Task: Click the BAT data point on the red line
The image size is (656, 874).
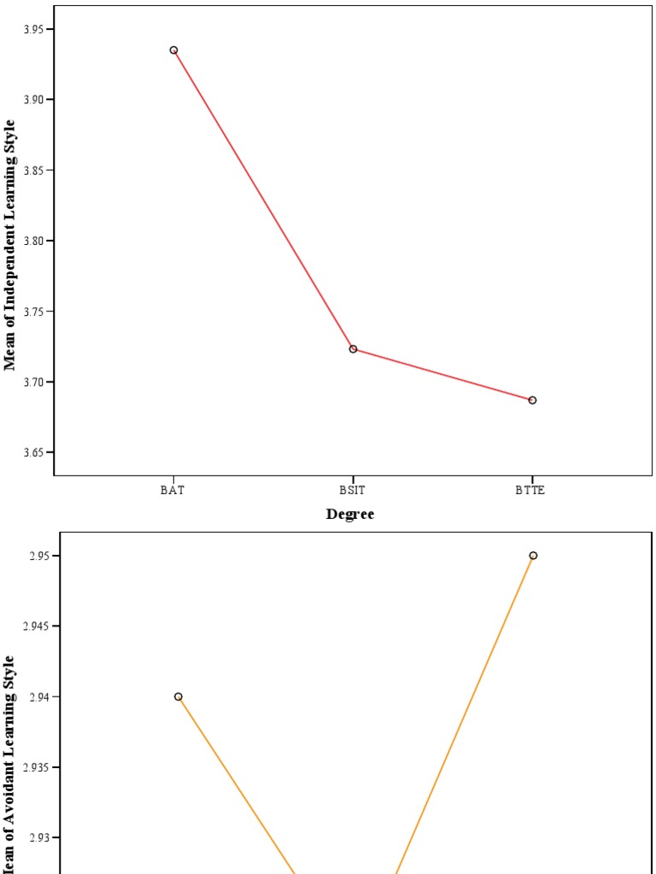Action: click(173, 50)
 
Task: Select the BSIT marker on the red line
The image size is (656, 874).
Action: click(353, 349)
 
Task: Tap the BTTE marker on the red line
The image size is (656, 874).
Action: click(532, 400)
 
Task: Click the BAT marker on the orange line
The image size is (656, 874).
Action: click(179, 696)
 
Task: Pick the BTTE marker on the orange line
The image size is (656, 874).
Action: click(533, 556)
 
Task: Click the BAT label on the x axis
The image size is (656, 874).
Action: click(173, 491)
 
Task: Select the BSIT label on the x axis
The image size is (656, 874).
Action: click(352, 491)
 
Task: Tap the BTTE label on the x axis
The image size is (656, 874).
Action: click(531, 491)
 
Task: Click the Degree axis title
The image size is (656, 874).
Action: click(350, 514)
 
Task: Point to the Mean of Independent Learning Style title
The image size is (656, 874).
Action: click(10, 244)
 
